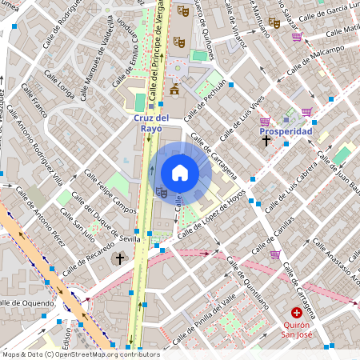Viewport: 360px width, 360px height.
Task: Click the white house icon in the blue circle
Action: pos(180,172)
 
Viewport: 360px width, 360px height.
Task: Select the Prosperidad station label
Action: pos(286,130)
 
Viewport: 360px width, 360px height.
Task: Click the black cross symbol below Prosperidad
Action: pos(266,141)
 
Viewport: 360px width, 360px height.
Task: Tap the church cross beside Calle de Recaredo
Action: pos(120,258)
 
